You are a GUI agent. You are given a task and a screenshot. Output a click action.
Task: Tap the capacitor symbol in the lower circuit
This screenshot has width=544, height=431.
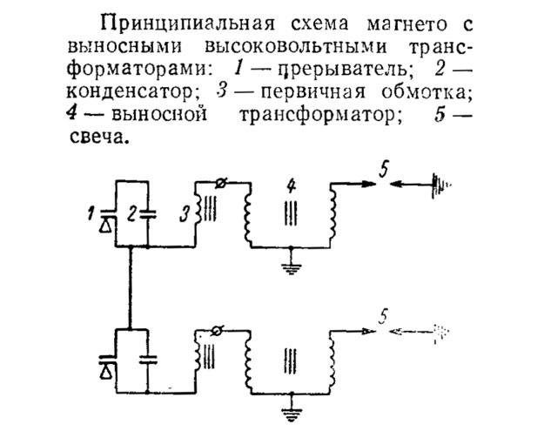(x=149, y=357)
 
